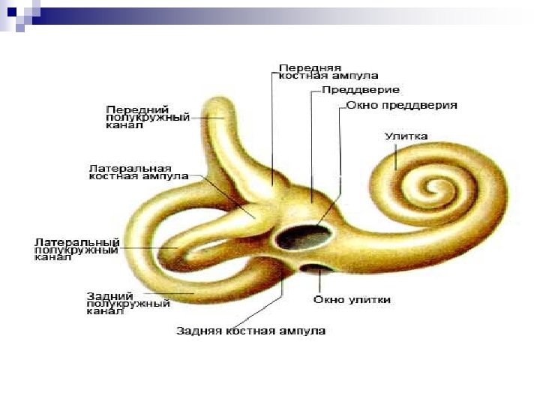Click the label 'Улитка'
pos(406,136)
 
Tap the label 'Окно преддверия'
pos(401,106)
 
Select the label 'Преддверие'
pos(349,90)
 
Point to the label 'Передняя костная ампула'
pos(328,71)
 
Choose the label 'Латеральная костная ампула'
pos(129,172)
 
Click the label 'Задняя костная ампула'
pos(250,331)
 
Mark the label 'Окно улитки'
pos(351,300)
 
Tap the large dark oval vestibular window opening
pos(302,237)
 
